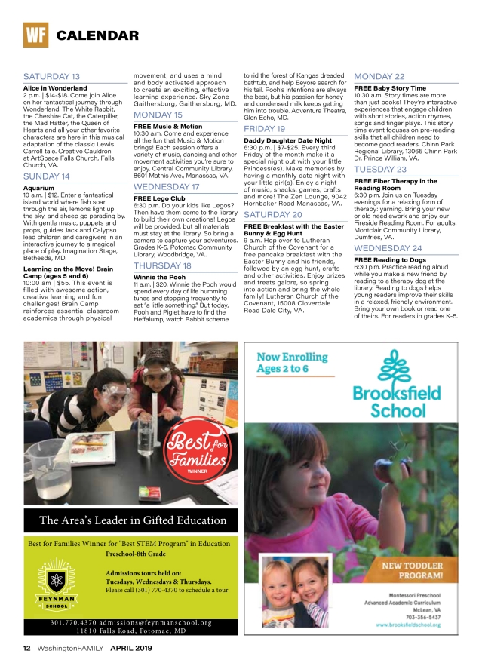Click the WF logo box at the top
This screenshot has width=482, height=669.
[35, 35]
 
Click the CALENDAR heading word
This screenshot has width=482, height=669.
[97, 35]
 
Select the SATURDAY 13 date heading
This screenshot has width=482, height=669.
[51, 77]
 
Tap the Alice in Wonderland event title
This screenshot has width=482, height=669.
[56, 87]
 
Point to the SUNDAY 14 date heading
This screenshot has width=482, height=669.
[47, 176]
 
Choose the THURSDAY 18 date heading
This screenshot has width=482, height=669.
[162, 266]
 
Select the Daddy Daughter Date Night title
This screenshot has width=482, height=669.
[288, 140]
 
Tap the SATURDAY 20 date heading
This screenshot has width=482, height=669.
[273, 215]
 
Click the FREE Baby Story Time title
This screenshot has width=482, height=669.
[390, 88]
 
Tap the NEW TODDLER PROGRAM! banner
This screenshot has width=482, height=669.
[413, 569]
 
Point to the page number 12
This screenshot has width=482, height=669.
[26, 648]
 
